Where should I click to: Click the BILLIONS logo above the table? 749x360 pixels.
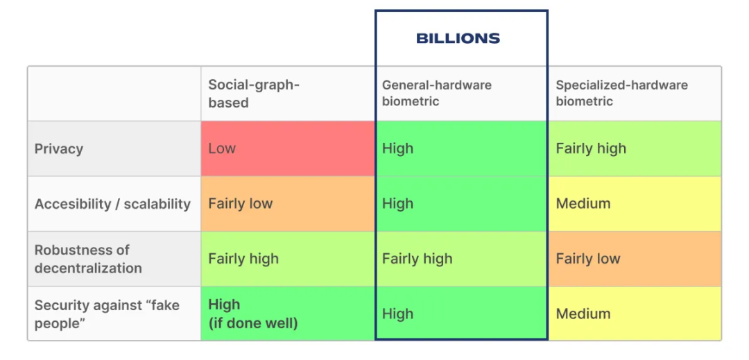click(x=458, y=38)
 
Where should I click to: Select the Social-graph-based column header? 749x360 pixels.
click(x=254, y=94)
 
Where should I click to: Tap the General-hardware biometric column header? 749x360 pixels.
click(x=437, y=94)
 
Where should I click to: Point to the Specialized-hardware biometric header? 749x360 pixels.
click(x=621, y=94)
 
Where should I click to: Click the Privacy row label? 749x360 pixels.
click(x=59, y=148)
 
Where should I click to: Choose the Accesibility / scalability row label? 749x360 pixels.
click(x=112, y=204)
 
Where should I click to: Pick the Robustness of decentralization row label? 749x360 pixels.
click(x=88, y=259)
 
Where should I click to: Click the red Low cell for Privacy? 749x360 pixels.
click(x=288, y=148)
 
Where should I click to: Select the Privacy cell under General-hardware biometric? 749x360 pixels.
click(x=461, y=148)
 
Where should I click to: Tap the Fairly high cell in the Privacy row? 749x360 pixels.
click(x=635, y=148)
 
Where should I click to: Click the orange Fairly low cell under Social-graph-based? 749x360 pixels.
click(x=288, y=204)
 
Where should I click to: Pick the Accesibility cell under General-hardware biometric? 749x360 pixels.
click(x=461, y=204)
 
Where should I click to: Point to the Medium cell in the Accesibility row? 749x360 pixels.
click(x=635, y=204)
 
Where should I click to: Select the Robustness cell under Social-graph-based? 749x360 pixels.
click(x=288, y=259)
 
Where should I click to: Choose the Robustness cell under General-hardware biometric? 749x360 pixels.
click(x=461, y=259)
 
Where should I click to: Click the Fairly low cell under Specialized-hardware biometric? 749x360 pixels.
click(x=635, y=259)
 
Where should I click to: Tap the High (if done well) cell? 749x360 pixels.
click(x=288, y=314)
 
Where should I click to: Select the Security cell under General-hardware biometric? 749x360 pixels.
click(x=461, y=314)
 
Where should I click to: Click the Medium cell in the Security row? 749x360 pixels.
click(x=635, y=314)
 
